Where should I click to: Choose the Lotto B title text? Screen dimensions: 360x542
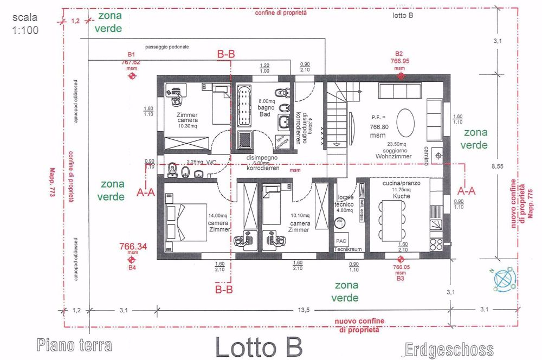click(259, 345)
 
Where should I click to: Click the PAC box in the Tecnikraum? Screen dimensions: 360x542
click(341, 240)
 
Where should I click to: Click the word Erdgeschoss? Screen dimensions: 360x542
click(449, 348)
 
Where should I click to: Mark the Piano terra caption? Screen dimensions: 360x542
click(74, 345)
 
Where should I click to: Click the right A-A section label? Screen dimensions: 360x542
click(468, 191)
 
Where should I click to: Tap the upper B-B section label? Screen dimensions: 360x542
click(225, 54)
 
